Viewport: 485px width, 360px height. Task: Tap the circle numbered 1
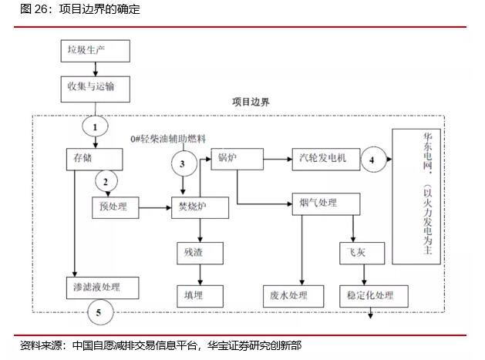pos(96,126)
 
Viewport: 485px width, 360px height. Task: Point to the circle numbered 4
pos(372,160)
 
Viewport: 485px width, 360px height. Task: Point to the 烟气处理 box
pos(327,204)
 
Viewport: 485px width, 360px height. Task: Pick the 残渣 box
pos(200,252)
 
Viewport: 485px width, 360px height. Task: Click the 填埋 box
pos(200,294)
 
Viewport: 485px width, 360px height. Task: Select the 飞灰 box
pos(353,252)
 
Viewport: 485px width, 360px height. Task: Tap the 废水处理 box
pos(289,295)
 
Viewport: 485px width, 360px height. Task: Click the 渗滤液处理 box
pos(102,288)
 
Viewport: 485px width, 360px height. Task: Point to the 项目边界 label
pos(251,101)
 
